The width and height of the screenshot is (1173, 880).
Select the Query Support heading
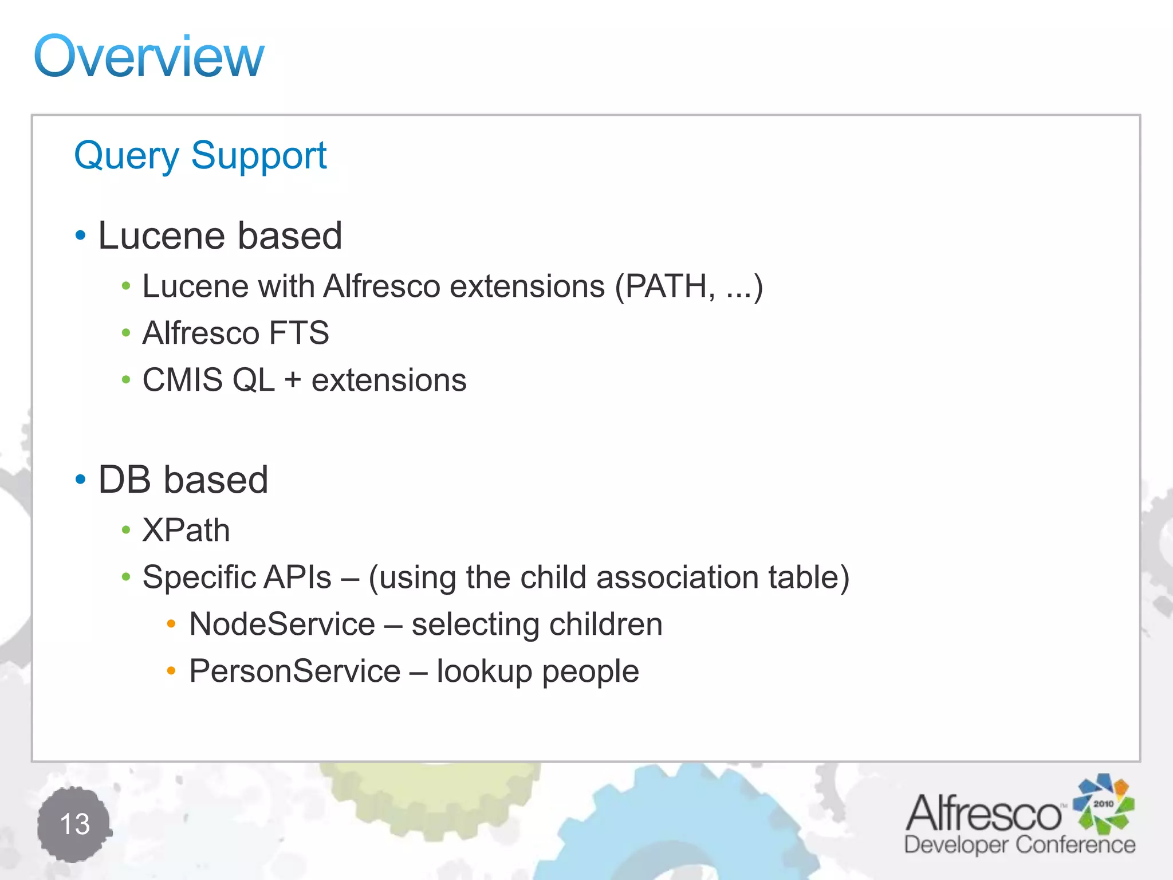[200, 155]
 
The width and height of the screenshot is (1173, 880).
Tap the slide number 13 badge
[74, 824]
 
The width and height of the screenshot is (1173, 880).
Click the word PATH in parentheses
[666, 286]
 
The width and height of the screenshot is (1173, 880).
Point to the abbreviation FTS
[298, 333]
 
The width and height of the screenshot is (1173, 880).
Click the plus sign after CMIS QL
[293, 380]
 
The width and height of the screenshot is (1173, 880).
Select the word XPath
[186, 530]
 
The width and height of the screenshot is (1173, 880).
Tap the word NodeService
[282, 624]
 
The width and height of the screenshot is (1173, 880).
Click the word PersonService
[294, 671]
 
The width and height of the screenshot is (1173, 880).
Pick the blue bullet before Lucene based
[80, 235]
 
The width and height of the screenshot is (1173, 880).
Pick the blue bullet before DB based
[80, 479]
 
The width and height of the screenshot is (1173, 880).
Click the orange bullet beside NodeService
[171, 624]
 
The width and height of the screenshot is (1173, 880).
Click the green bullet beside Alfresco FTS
[126, 333]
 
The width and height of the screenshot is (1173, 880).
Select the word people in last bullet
[590, 672]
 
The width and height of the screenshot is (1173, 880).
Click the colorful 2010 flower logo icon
[1103, 804]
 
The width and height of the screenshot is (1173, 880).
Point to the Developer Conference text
[1020, 845]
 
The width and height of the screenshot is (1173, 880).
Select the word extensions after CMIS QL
[389, 380]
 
